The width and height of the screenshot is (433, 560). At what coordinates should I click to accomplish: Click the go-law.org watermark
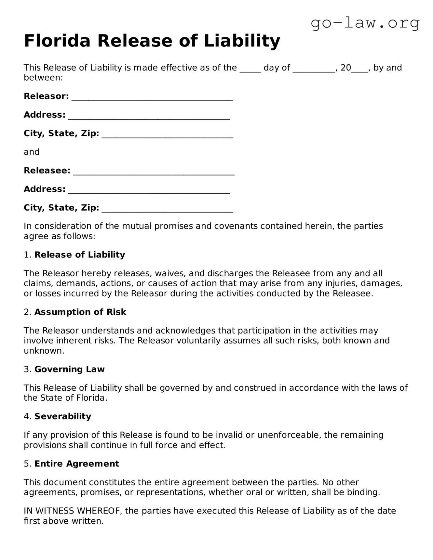pos(365,23)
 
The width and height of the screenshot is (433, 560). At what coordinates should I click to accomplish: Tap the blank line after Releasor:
pos(152,98)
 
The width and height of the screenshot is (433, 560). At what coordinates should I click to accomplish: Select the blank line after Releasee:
pos(154,172)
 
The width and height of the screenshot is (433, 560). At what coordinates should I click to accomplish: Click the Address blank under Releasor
pos(149,116)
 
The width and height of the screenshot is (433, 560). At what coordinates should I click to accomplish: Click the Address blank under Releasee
pos(149,191)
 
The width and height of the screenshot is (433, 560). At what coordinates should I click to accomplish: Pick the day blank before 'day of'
pos(250,69)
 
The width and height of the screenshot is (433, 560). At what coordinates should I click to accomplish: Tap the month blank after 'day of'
pos(314,69)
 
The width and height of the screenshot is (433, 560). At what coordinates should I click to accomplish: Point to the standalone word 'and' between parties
pos(32,152)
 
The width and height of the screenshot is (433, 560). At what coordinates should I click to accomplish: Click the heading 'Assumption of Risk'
pos(80,312)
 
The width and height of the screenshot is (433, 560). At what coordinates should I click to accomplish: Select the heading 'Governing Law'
pos(69,369)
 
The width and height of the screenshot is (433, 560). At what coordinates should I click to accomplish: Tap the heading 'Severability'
pos(63,416)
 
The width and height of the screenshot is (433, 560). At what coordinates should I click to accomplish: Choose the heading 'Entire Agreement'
pos(77,463)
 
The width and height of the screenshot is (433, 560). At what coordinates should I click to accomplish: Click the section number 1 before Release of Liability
pos(27,255)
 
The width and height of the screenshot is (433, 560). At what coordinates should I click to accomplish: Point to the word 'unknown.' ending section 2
pos(44,351)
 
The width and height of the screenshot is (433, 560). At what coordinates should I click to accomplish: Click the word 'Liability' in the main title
pos(242,41)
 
